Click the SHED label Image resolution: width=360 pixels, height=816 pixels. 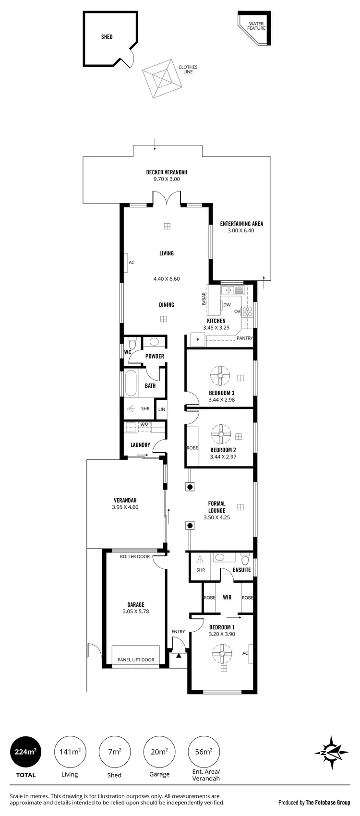107,36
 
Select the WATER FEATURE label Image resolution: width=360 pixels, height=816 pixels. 256,26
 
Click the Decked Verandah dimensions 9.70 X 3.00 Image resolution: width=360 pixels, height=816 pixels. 167,180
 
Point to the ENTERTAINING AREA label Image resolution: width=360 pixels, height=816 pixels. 241,224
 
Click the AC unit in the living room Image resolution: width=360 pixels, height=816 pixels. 126,263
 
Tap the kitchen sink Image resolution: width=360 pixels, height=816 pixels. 232,290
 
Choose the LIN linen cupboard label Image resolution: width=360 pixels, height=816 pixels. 161,409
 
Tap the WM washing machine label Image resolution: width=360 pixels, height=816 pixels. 144,425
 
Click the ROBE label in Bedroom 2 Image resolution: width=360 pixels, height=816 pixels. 192,448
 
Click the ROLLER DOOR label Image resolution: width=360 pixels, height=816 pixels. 135,557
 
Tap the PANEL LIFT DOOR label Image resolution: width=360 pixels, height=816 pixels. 136,660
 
